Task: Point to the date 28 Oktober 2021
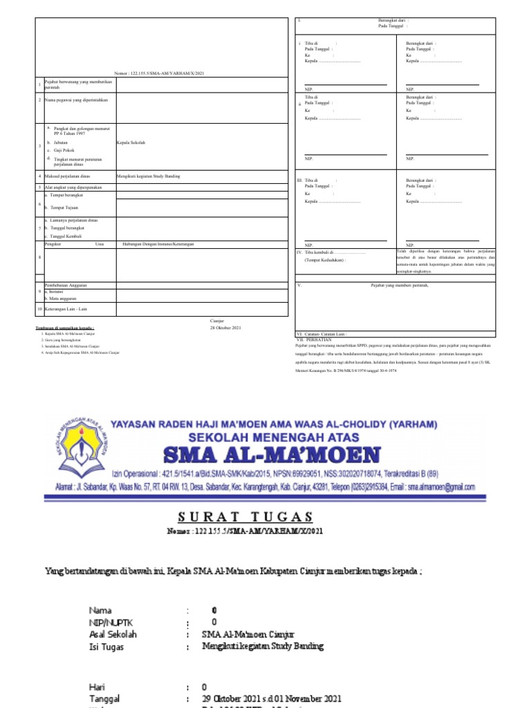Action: click(225, 327)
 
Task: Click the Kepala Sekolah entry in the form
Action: click(131, 142)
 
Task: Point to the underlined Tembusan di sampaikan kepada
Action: click(65, 328)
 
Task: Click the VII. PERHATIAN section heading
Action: click(315, 339)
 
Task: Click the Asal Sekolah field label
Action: click(113, 634)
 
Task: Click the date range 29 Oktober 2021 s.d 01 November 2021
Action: click(271, 698)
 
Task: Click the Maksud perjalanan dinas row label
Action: click(68, 176)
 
